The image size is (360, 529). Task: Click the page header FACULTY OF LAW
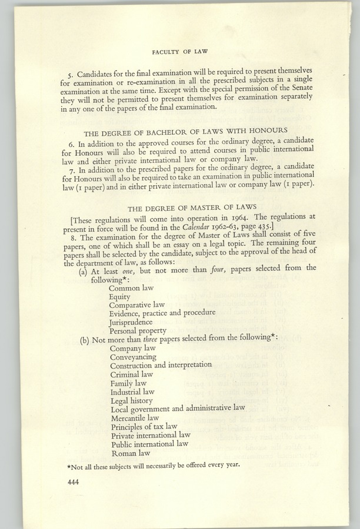pyautogui.click(x=180, y=52)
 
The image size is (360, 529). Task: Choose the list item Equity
pyautogui.click(x=119, y=297)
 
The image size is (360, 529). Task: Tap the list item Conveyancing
pyautogui.click(x=133, y=357)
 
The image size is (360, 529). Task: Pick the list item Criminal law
pyautogui.click(x=131, y=374)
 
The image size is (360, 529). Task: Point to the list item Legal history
pyautogui.click(x=131, y=400)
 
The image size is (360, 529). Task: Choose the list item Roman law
pyautogui.click(x=130, y=453)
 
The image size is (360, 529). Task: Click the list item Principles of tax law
pyautogui.click(x=144, y=426)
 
